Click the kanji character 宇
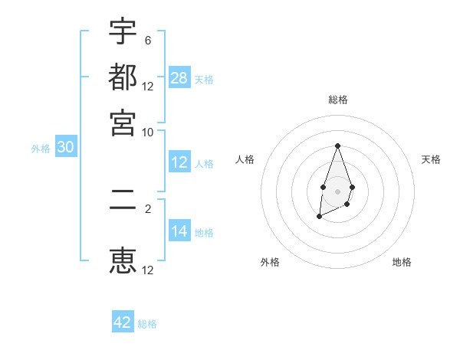(x=123, y=33)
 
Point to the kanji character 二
(x=123, y=208)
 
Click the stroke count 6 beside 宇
(x=147, y=41)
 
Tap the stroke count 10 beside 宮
(x=148, y=131)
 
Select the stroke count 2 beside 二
(x=147, y=207)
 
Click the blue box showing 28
(x=179, y=77)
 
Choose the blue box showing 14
(x=179, y=231)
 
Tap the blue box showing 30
(x=65, y=148)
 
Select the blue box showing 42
(x=123, y=322)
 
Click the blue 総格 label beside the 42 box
(x=147, y=324)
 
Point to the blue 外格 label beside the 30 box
(x=41, y=149)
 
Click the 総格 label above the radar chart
(x=338, y=100)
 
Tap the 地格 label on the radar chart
(x=402, y=262)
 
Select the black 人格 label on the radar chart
(x=245, y=159)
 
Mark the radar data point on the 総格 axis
(x=337, y=146)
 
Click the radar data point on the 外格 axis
(x=319, y=218)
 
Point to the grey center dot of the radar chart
(x=337, y=191)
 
